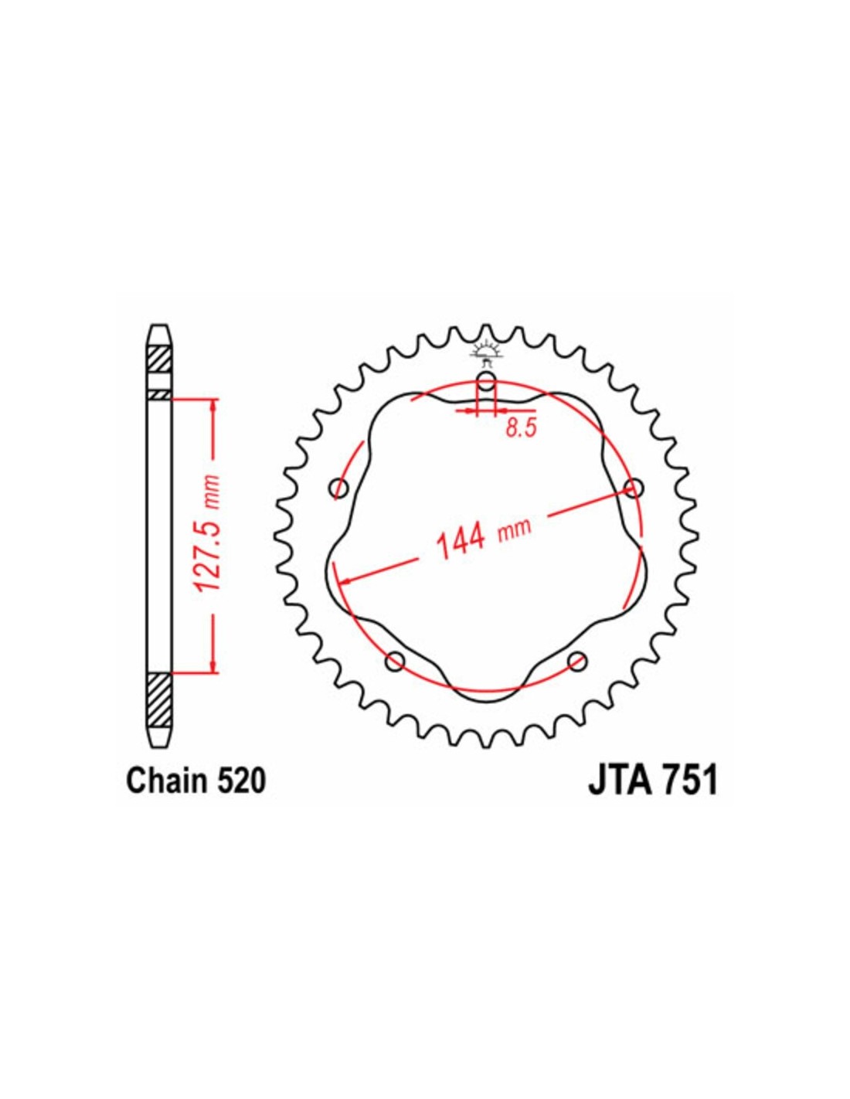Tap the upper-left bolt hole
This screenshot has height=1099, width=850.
coord(338,488)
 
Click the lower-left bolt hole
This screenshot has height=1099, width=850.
coord(395,661)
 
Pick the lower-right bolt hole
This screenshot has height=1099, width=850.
coord(577,661)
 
